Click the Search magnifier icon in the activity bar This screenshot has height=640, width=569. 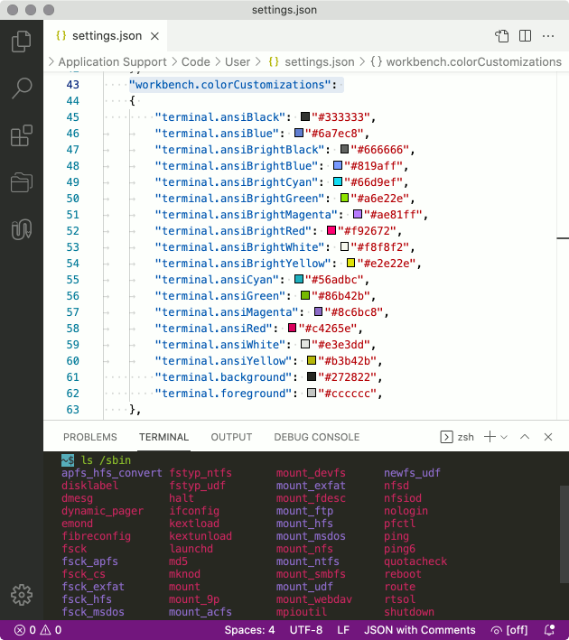coord(22,88)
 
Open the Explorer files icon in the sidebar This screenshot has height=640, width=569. coord(22,42)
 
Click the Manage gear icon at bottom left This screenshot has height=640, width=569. coord(22,595)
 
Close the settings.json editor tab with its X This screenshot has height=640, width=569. coord(155,37)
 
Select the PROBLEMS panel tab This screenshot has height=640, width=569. coord(90,437)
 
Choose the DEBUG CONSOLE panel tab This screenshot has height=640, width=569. coord(316,437)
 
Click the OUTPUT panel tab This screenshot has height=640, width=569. coord(231,437)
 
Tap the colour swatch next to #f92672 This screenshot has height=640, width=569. coord(331,231)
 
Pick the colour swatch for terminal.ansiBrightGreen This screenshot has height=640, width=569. coord(344,199)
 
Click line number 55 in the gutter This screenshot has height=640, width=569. coord(73,280)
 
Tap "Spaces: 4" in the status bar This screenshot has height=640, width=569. coord(249,630)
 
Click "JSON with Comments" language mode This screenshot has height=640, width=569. coord(419,630)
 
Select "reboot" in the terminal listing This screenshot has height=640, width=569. coord(402,574)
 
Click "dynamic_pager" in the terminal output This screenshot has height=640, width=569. coord(102,511)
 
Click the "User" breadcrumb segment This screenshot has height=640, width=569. coord(238,62)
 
